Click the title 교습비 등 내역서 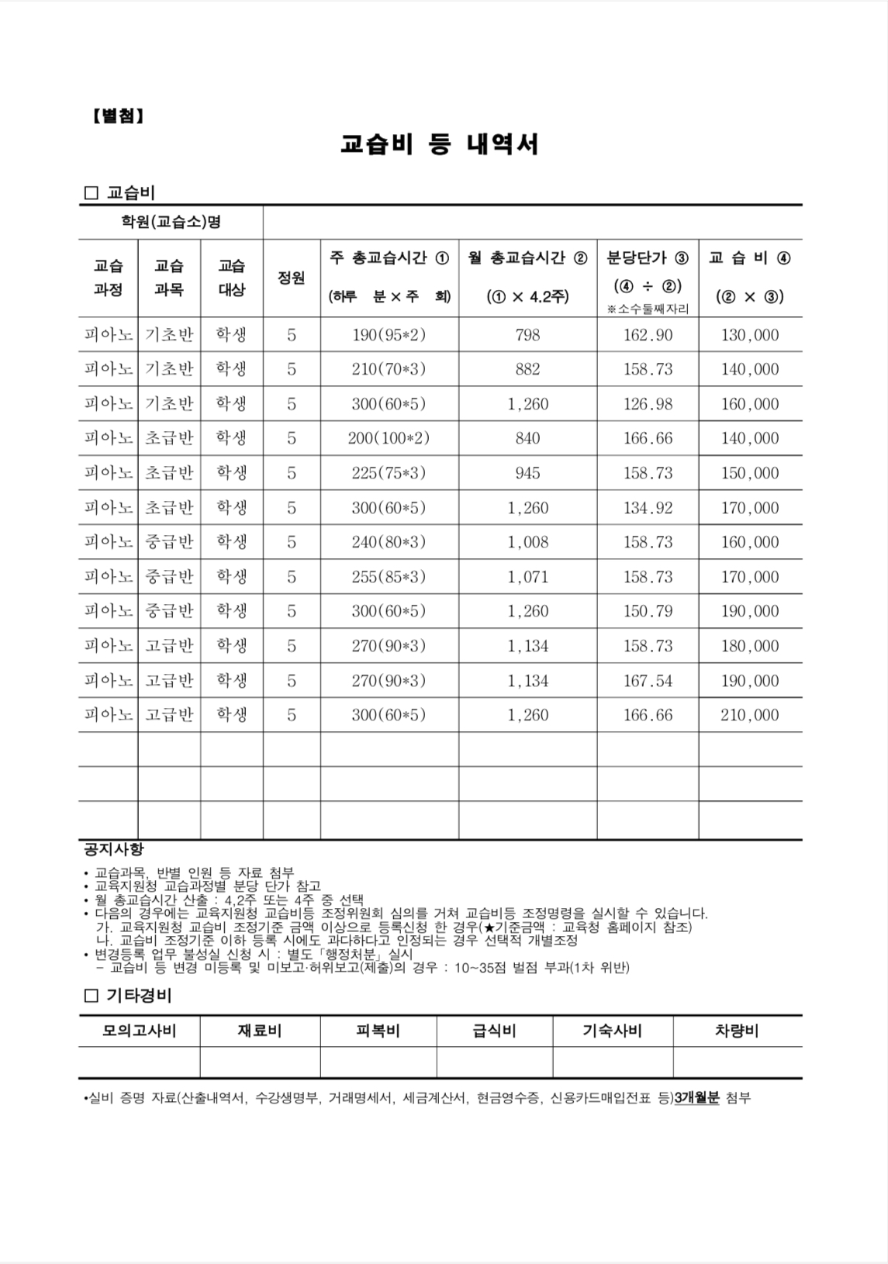click(440, 145)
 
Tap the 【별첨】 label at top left click(118, 116)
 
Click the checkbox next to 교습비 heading click(91, 192)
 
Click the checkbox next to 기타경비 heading click(91, 995)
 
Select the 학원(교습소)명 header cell click(171, 222)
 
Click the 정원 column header click(291, 278)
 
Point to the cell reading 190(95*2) click(389, 335)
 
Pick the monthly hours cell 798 click(527, 335)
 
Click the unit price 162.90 click(648, 335)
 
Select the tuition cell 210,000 click(749, 715)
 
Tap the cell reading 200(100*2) click(389, 438)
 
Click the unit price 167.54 click(648, 681)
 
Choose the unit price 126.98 click(648, 404)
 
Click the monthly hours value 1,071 click(527, 577)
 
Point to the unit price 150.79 click(648, 611)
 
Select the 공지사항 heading click(113, 849)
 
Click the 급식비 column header click(494, 1031)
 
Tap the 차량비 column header click(736, 1031)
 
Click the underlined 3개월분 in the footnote click(697, 1098)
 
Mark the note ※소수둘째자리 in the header click(648, 309)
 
